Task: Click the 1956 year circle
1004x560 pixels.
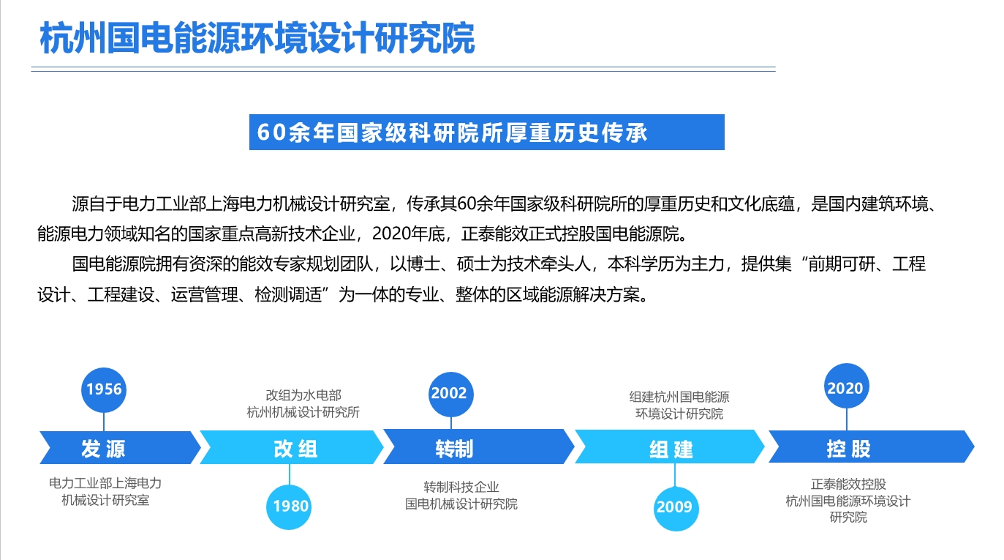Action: tap(104, 389)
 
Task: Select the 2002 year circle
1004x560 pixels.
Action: tap(450, 394)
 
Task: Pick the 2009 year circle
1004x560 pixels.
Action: tap(676, 508)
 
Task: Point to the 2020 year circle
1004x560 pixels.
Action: tap(847, 386)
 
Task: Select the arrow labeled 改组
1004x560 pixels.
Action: tap(292, 447)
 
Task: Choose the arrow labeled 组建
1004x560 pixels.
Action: tap(670, 447)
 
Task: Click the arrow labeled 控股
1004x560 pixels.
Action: tap(872, 447)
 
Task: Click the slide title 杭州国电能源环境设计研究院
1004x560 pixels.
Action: tap(257, 38)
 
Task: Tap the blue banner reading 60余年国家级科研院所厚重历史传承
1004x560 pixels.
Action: tap(487, 132)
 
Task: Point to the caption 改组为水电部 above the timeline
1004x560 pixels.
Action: tap(303, 395)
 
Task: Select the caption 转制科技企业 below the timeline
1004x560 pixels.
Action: tap(461, 487)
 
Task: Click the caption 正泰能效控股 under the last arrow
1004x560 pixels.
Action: tap(848, 484)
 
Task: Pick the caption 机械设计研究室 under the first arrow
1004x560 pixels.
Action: tap(105, 500)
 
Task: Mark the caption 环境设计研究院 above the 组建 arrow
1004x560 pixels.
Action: tap(679, 414)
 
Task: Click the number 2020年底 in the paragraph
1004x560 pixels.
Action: tap(408, 234)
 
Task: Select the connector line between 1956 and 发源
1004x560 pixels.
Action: tap(104, 422)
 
